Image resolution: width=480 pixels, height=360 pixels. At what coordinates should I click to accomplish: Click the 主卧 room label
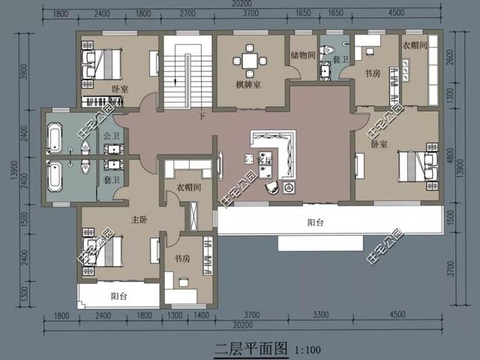[139, 220]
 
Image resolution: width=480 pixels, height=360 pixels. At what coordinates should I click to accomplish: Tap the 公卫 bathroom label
[112, 136]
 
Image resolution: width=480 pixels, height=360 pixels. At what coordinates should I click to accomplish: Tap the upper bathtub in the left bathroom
[55, 139]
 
